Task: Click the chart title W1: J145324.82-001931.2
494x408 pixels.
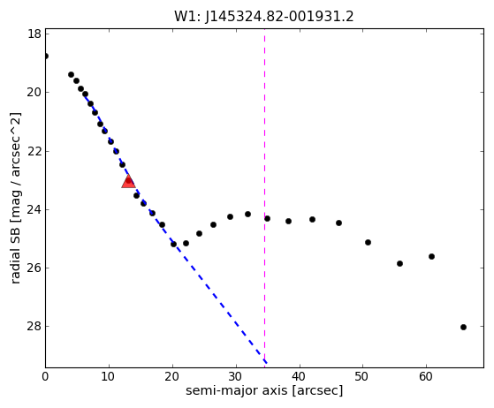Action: [264, 17]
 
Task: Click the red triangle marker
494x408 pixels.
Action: [128, 182]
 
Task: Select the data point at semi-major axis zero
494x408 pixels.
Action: [46, 56]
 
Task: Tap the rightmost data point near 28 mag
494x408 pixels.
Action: [463, 327]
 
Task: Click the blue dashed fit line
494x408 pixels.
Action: [175, 228]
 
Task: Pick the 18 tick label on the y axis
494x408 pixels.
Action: [34, 34]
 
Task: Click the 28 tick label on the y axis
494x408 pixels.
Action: [34, 326]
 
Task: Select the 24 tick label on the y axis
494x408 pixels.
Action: [34, 209]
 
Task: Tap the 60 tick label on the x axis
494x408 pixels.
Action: [426, 376]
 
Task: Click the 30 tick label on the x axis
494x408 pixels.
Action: [236, 376]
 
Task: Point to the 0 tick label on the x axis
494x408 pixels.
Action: [45, 376]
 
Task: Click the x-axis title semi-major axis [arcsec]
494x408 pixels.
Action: [264, 390]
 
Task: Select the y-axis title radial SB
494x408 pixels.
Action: [15, 199]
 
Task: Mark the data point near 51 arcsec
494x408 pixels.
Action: [368, 242]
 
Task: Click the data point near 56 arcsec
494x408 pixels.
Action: [399, 263]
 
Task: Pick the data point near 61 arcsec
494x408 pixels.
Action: [431, 257]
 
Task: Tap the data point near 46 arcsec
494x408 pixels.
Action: [338, 223]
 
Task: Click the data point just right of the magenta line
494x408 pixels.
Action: [267, 218]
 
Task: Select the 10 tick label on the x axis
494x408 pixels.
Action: [109, 376]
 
